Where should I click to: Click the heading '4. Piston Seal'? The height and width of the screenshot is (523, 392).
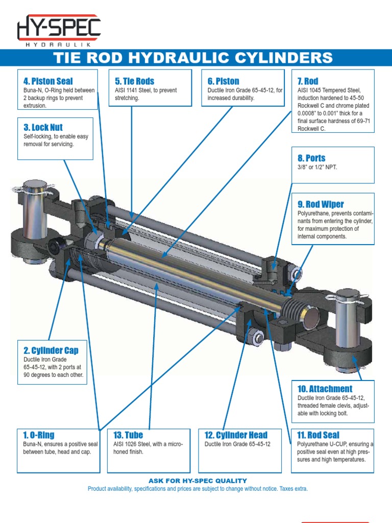48,81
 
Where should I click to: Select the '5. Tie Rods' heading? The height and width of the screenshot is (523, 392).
134,81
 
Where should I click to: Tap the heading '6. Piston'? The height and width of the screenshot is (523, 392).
223,81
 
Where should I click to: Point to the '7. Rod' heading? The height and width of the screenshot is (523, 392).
308,81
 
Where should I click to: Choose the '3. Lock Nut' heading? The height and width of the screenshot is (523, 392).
43,127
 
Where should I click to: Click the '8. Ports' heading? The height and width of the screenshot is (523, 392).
311,158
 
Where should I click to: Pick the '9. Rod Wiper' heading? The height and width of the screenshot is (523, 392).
321,204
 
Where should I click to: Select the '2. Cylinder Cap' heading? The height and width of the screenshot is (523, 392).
51,350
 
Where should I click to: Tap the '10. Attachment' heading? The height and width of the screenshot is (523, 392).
325,389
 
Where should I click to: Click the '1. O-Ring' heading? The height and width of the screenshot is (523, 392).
39,435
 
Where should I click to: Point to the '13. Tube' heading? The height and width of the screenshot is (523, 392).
128,435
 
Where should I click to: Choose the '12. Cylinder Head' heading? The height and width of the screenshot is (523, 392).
236,435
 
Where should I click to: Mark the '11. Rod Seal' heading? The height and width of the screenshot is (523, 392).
318,435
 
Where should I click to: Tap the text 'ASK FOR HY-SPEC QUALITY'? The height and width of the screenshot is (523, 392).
198,481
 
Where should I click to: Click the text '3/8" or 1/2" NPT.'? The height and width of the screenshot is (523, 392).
317,167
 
